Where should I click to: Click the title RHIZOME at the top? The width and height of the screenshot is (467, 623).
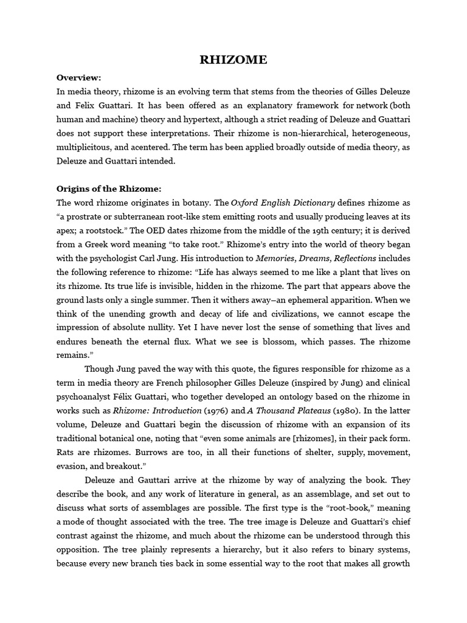click(233, 60)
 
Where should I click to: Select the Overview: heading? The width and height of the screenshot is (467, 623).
click(79, 77)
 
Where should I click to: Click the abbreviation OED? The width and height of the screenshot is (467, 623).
click(169, 230)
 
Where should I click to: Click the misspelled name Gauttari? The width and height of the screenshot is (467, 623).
click(151, 479)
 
